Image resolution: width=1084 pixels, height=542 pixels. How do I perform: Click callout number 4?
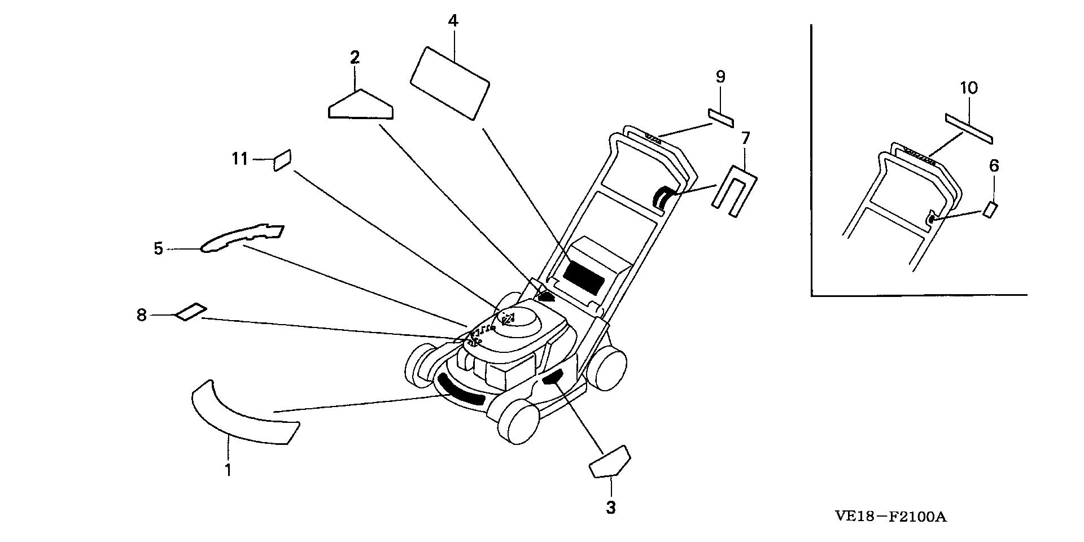(453, 21)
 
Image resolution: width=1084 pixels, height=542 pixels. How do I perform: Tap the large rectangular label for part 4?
(449, 82)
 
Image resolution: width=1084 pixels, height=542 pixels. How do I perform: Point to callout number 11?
(240, 159)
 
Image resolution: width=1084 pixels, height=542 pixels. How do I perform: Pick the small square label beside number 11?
(282, 159)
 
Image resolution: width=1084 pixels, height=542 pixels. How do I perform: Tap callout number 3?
(610, 507)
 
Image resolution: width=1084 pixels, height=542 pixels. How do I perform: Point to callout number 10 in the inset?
(968, 88)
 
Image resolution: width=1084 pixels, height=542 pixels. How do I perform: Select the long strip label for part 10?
(969, 128)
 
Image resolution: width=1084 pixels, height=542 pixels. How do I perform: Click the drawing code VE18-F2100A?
(890, 517)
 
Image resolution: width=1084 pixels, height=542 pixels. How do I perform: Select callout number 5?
(159, 248)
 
